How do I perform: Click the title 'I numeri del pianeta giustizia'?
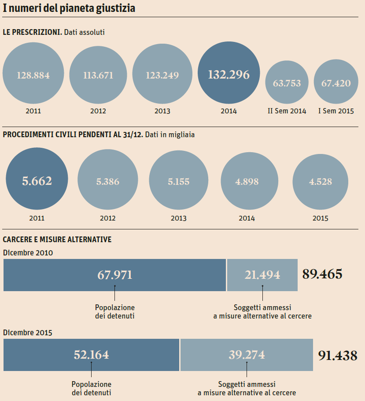(69, 8)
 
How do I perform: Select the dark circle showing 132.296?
(229, 75)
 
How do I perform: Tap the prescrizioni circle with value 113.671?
(98, 75)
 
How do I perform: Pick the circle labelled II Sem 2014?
(287, 83)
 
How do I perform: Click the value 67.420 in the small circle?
(336, 83)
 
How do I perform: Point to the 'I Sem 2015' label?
(336, 111)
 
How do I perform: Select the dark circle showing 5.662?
(37, 181)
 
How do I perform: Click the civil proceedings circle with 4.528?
(320, 181)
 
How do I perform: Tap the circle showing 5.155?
(178, 181)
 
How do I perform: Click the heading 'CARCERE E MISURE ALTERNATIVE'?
(57, 240)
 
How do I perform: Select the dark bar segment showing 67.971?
(114, 275)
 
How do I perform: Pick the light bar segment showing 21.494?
(262, 275)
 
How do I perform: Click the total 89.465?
(322, 274)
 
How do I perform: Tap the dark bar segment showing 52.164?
(91, 355)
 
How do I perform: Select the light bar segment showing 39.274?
(247, 355)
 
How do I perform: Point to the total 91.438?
(337, 356)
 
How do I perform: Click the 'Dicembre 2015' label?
(28, 333)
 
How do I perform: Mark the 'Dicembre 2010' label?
(28, 253)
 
